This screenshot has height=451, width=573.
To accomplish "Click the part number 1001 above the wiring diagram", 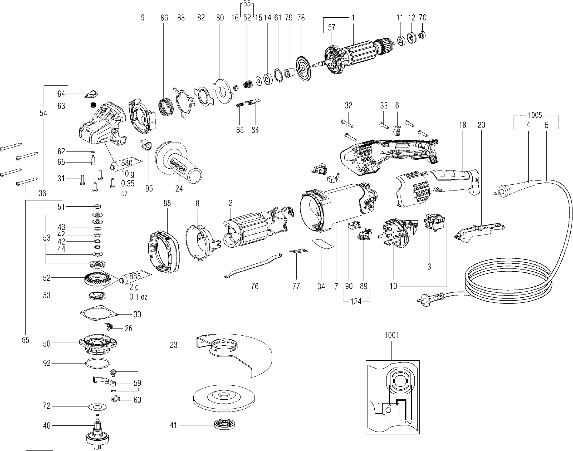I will point(391,335).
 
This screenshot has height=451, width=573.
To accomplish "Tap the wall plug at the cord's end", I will point(425,298).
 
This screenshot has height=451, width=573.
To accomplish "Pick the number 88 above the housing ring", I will point(167,203).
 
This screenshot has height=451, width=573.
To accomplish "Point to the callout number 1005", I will point(535,115).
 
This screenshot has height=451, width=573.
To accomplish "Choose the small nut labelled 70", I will point(422,35).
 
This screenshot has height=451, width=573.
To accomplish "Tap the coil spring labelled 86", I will point(166,107).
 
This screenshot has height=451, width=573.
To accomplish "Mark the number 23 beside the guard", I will point(174,345).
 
